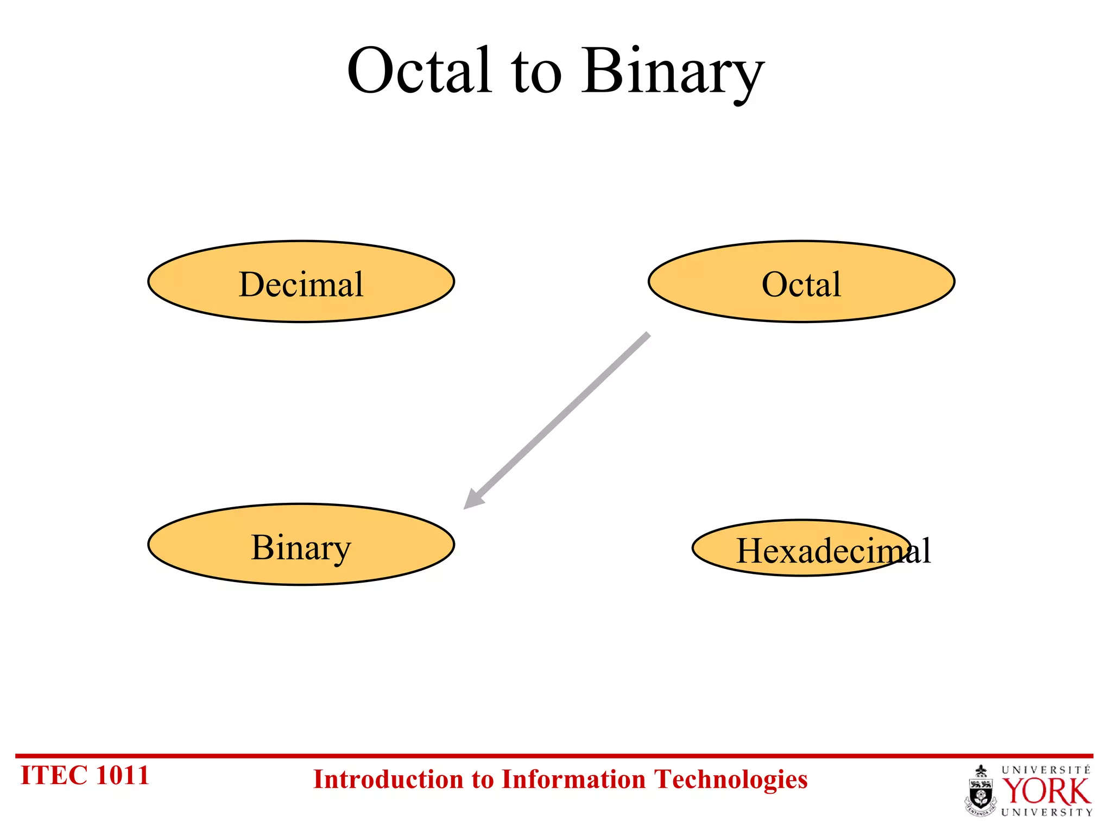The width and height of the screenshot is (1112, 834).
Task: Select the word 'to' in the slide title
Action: click(536, 76)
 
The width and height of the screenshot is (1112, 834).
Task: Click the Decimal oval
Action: click(301, 282)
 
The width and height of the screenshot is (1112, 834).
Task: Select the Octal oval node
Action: click(801, 282)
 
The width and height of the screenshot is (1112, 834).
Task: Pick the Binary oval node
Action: click(301, 545)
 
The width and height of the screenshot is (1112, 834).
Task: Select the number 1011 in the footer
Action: click(122, 775)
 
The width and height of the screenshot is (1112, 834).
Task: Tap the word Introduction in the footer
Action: click(389, 780)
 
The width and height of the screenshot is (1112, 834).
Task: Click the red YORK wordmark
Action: click(1046, 792)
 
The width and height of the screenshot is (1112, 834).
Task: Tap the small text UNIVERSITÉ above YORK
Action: click(1046, 770)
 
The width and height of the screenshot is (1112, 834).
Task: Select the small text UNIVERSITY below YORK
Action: click(1046, 812)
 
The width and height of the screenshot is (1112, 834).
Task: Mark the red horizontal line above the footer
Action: click(554, 755)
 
